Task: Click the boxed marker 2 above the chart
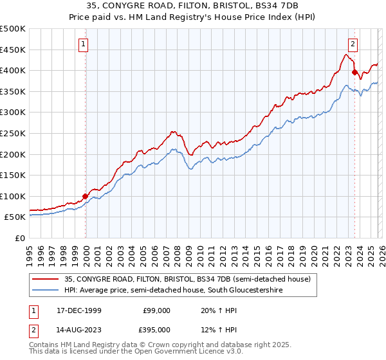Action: click(x=353, y=44)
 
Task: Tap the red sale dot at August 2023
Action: click(x=354, y=73)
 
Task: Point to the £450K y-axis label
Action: click(x=13, y=50)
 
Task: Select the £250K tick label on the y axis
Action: click(x=13, y=133)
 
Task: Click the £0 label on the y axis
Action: click(x=20, y=238)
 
